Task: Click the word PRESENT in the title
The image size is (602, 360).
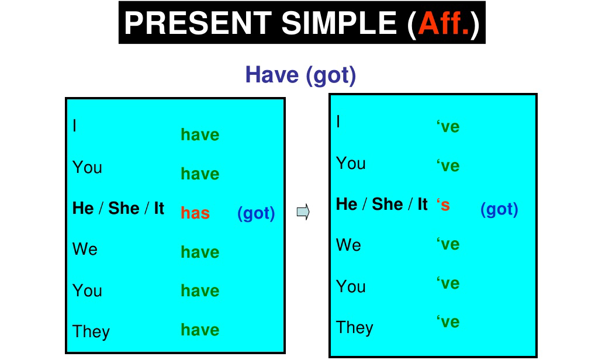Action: [x=198, y=23]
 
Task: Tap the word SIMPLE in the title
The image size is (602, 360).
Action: [x=338, y=23]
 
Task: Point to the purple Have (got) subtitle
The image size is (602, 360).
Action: [x=300, y=75]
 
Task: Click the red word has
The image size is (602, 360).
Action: [x=195, y=213]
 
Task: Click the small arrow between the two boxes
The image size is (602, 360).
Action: [x=303, y=212]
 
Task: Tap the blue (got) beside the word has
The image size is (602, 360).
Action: [x=256, y=214]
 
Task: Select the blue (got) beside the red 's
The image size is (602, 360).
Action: [x=499, y=210]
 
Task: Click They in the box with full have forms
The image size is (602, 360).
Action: [x=91, y=332]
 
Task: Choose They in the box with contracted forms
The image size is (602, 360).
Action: [x=355, y=327]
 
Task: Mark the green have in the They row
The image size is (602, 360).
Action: [x=200, y=330]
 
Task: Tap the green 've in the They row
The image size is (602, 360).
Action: [x=448, y=322]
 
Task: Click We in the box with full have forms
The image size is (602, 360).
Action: [x=85, y=250]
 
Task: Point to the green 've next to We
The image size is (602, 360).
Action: [x=448, y=244]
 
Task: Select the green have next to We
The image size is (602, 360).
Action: [x=200, y=252]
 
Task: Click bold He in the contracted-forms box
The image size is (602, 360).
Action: [x=347, y=205]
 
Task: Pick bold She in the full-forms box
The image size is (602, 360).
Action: [x=124, y=209]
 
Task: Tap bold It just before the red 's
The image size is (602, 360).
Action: [x=422, y=205]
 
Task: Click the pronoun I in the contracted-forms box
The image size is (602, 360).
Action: [x=338, y=122]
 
